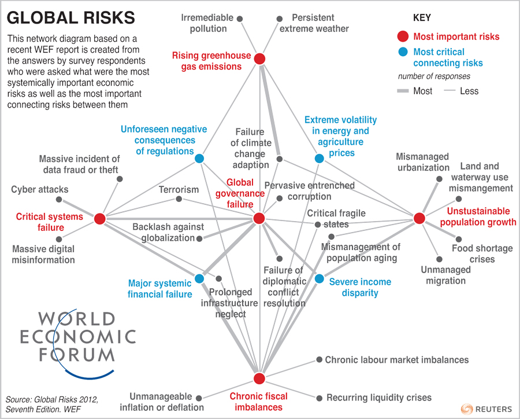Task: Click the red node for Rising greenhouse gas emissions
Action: pos(259,58)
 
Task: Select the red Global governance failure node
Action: pos(259,218)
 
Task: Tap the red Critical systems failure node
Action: pos(99,218)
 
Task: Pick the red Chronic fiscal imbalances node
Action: pos(259,378)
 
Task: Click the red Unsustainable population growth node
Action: pos(419,218)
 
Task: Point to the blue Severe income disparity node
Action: pos(319,278)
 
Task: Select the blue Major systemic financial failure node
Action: pos(199,278)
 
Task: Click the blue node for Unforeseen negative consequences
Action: pos(199,158)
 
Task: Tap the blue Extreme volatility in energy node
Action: pos(319,158)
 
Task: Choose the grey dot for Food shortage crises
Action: pos(459,238)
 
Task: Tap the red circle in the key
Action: pos(403,37)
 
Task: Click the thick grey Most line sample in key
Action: pos(403,91)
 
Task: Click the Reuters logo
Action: pos(486,409)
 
